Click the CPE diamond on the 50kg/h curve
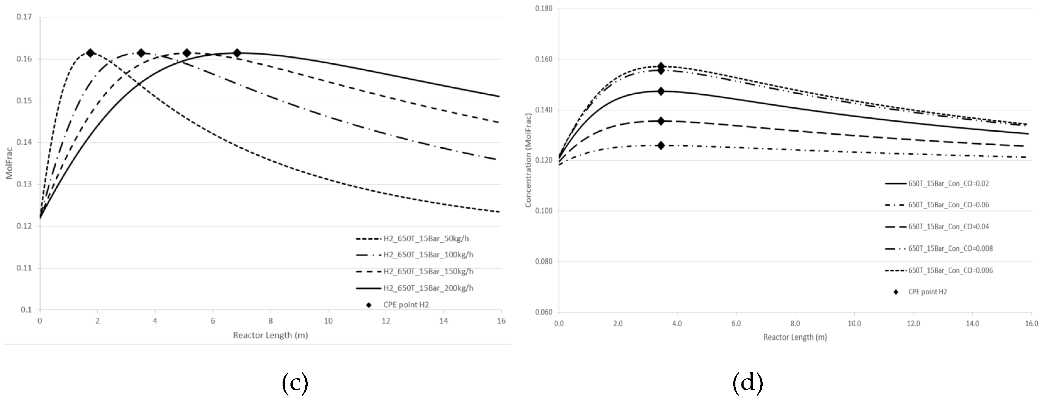pyautogui.click(x=91, y=53)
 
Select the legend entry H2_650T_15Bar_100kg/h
pyautogui.click(x=428, y=255)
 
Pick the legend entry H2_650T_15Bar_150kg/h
pyautogui.click(x=428, y=271)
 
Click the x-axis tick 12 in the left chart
pyautogui.click(x=386, y=321)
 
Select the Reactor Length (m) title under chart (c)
pyautogui.click(x=270, y=335)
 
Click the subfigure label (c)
pyautogui.click(x=295, y=383)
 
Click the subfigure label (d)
pyautogui.click(x=748, y=383)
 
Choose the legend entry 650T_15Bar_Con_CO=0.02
pyautogui.click(x=948, y=184)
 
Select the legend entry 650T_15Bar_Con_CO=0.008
pyautogui.click(x=950, y=249)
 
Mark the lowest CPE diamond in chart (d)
pyautogui.click(x=661, y=145)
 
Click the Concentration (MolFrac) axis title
pyautogui.click(x=528, y=160)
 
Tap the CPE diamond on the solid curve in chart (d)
pyautogui.click(x=661, y=91)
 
